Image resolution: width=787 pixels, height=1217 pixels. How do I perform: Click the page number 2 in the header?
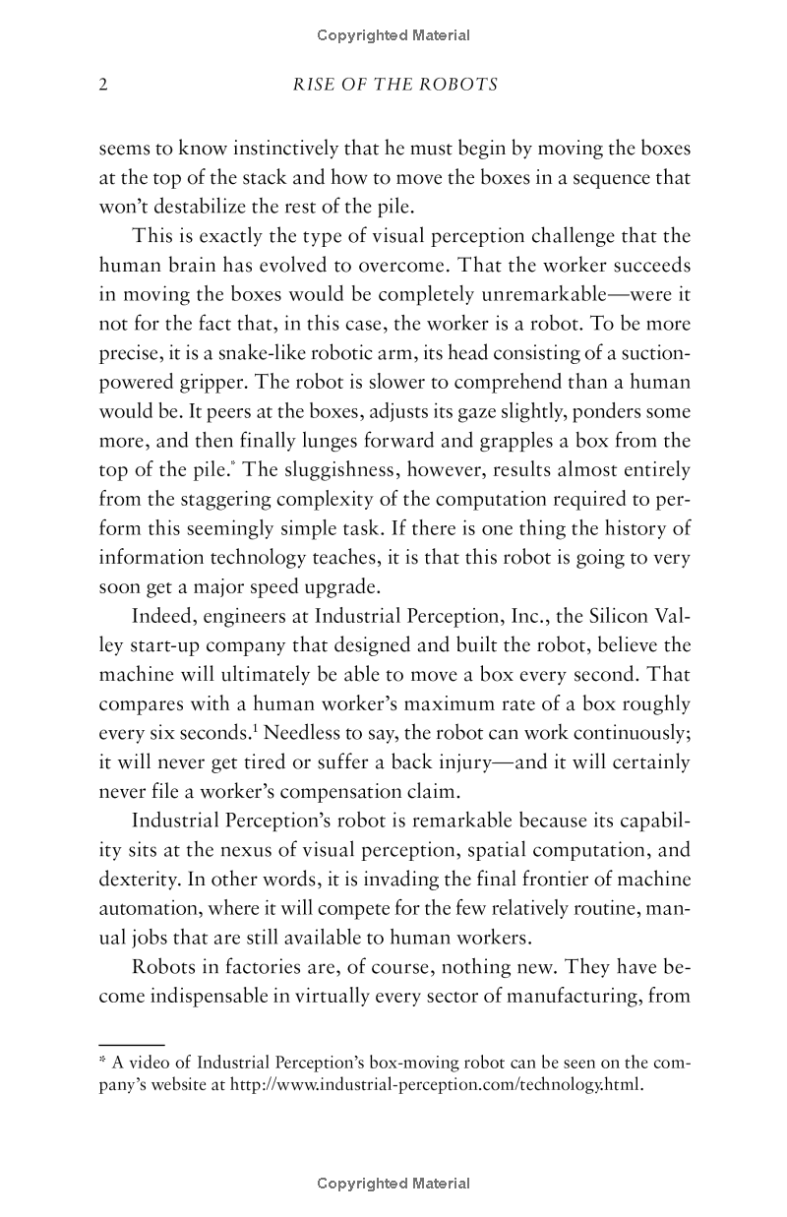click(103, 85)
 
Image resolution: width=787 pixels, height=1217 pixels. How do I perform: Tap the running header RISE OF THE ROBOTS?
click(395, 85)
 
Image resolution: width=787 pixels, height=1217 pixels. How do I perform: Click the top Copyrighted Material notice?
click(393, 35)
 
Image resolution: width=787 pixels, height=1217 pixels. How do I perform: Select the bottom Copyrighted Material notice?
click(393, 1184)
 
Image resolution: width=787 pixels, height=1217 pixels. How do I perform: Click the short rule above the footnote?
click(131, 1043)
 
